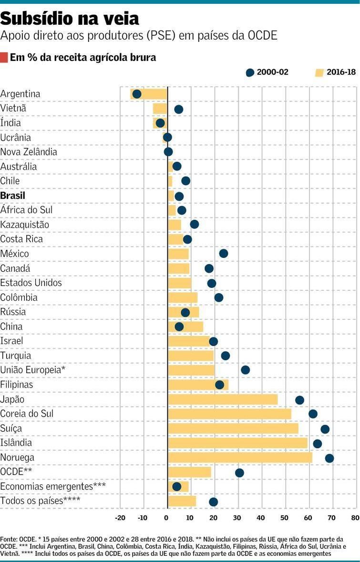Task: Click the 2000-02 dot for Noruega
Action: [x=329, y=458]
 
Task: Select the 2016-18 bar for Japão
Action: [x=223, y=399]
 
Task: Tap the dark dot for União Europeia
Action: [x=245, y=370]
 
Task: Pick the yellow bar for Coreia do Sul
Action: [x=229, y=414]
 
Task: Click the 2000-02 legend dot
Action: [x=250, y=72]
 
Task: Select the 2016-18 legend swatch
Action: [x=319, y=72]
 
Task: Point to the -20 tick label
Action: [x=120, y=518]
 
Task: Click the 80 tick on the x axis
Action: [x=355, y=518]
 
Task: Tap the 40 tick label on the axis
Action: [x=261, y=518]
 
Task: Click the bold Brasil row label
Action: [x=13, y=196]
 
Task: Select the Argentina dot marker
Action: [x=137, y=94]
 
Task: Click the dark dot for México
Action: [x=223, y=253]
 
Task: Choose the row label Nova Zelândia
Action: [x=29, y=152]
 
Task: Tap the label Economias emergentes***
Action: [x=53, y=487]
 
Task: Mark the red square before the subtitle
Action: [x=4, y=58]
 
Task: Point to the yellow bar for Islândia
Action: [x=237, y=443]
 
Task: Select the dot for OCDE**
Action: [x=239, y=472]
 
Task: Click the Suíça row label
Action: [x=11, y=429]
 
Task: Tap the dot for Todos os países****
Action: [x=213, y=501]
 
